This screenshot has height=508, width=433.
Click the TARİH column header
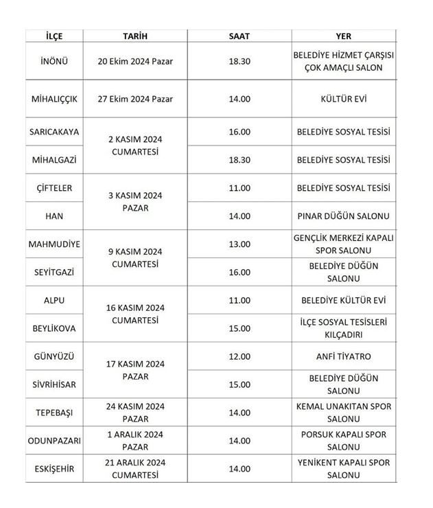click(x=135, y=36)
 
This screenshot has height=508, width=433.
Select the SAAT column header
click(x=239, y=36)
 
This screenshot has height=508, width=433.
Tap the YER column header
click(x=343, y=36)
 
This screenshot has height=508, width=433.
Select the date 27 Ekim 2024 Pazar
click(x=135, y=99)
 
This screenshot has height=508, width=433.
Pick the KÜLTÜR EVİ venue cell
click(x=343, y=99)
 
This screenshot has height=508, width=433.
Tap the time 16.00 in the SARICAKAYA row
click(x=239, y=132)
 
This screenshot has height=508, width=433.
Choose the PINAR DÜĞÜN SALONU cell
click(x=343, y=216)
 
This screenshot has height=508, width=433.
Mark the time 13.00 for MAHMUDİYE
click(x=239, y=244)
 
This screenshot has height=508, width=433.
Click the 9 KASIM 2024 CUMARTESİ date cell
click(x=135, y=257)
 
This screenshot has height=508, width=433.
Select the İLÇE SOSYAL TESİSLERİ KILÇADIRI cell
click(x=343, y=328)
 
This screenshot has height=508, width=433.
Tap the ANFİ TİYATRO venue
click(x=343, y=356)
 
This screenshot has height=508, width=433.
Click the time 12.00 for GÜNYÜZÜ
click(x=239, y=356)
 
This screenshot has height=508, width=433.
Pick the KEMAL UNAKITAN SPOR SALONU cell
click(x=343, y=413)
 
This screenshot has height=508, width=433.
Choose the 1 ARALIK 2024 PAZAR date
click(x=135, y=440)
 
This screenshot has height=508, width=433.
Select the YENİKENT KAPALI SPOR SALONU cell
click(x=343, y=469)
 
